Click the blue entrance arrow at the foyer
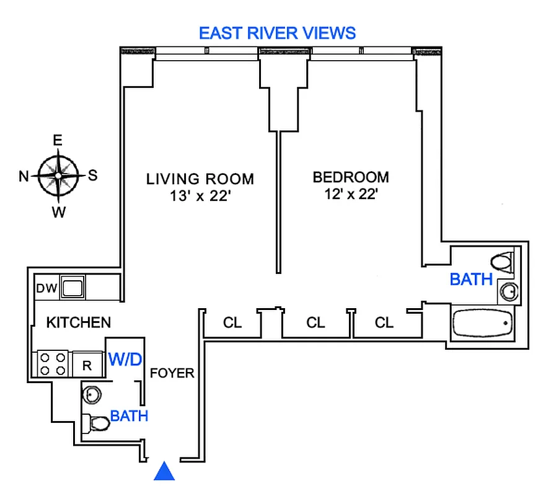pos(164,472)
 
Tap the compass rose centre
pos(58,175)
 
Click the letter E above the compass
pos(58,141)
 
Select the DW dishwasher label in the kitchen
pos(46,288)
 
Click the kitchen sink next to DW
pos(73,288)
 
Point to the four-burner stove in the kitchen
pos(53,364)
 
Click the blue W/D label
pos(126,358)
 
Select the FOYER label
pos(173,373)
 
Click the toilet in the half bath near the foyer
pos(97,424)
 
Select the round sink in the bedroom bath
pos(509,290)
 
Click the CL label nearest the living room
pos(232,323)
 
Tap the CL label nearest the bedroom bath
pos(384,323)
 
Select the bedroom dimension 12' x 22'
pos(351,194)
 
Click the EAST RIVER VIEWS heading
pos(278,33)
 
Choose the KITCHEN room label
pos(79,322)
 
